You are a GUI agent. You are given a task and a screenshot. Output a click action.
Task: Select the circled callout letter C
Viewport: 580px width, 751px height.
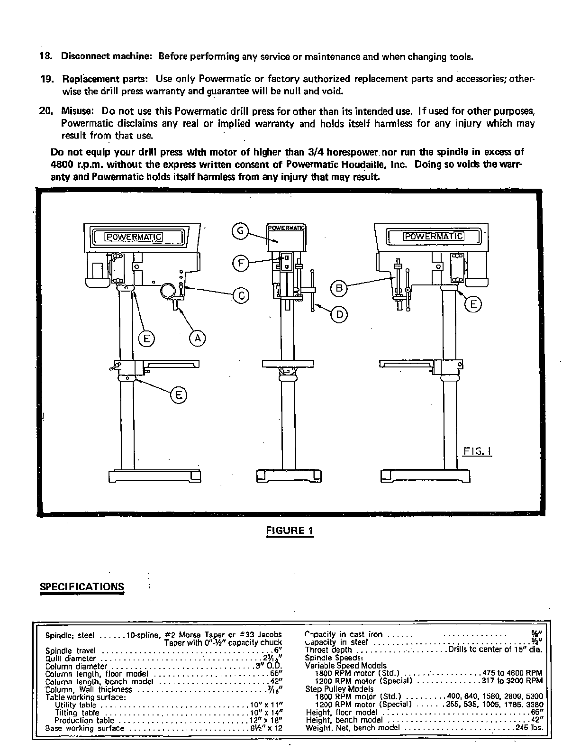[x=241, y=295]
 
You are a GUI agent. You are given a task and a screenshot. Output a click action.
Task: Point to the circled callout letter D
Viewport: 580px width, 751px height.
[x=339, y=314]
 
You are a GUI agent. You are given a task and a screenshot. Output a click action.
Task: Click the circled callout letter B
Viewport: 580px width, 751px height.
[x=339, y=288]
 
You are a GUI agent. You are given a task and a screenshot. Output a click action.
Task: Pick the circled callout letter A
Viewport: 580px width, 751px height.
[x=198, y=338]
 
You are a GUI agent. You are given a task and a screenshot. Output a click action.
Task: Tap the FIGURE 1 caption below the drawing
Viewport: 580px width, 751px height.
[x=290, y=530]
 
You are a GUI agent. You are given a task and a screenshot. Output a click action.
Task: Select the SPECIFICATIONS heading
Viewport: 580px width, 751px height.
[x=82, y=586]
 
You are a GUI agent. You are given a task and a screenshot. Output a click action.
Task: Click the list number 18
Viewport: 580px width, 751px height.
[x=45, y=57]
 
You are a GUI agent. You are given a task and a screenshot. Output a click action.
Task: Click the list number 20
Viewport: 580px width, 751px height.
[x=45, y=111]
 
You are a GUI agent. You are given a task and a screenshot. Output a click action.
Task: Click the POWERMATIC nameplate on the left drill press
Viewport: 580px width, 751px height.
[x=134, y=237]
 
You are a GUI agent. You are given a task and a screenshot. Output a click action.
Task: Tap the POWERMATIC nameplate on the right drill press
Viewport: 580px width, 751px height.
[x=433, y=236]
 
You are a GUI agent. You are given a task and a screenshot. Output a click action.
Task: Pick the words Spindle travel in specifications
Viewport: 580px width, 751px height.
[x=70, y=650]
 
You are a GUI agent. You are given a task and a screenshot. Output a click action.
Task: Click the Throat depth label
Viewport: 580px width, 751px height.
[x=328, y=650]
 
